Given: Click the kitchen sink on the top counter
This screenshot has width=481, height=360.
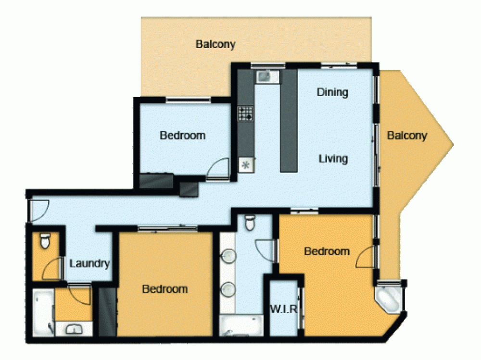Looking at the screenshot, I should click(264, 76).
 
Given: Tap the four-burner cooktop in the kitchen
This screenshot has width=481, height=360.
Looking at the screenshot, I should click(245, 113).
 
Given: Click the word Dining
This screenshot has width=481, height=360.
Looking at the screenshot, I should click(332, 92).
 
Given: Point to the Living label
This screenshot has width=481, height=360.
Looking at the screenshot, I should click(333, 159).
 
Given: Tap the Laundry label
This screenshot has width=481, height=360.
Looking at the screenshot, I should click(90, 264).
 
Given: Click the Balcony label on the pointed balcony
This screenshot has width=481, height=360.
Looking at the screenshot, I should click(407, 136).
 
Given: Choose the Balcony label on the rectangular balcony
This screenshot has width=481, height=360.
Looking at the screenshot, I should click(215, 45).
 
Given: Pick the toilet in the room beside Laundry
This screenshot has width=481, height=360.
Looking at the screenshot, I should click(45, 241).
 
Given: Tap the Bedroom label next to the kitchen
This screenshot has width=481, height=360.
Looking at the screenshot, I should click(182, 136).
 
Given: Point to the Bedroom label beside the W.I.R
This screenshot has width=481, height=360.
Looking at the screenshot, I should click(327, 251).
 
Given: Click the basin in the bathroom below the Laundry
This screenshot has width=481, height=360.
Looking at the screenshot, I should click(73, 329).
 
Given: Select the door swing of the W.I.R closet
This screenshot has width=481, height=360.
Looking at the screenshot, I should click(300, 308).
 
